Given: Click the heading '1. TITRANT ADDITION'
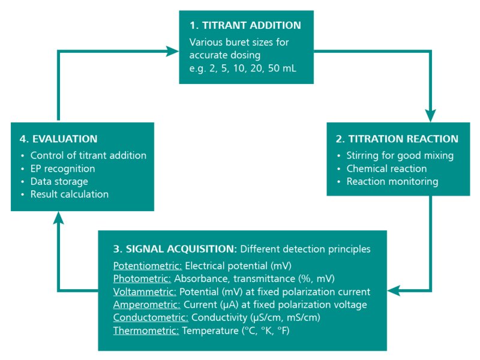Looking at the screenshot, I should (x=245, y=26).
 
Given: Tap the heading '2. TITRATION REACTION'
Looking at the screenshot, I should (x=397, y=139).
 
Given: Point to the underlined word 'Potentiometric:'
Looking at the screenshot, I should (x=147, y=265).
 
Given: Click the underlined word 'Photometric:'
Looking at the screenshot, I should (x=142, y=278).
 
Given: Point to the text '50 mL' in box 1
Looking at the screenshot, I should (x=283, y=68).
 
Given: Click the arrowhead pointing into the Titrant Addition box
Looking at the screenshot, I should (x=173, y=52).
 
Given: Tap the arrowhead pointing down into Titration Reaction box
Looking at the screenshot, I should (x=430, y=116).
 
